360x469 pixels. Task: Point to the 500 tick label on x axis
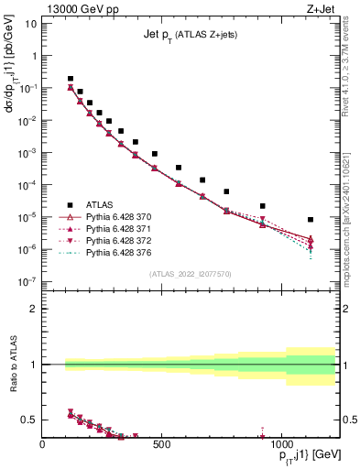[x=161, y=446]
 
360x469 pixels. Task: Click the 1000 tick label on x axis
[x=279, y=446]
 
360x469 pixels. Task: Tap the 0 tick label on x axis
[x=43, y=446]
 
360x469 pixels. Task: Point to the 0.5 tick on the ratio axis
[x=29, y=420]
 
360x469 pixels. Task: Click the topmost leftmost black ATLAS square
[x=71, y=79]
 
